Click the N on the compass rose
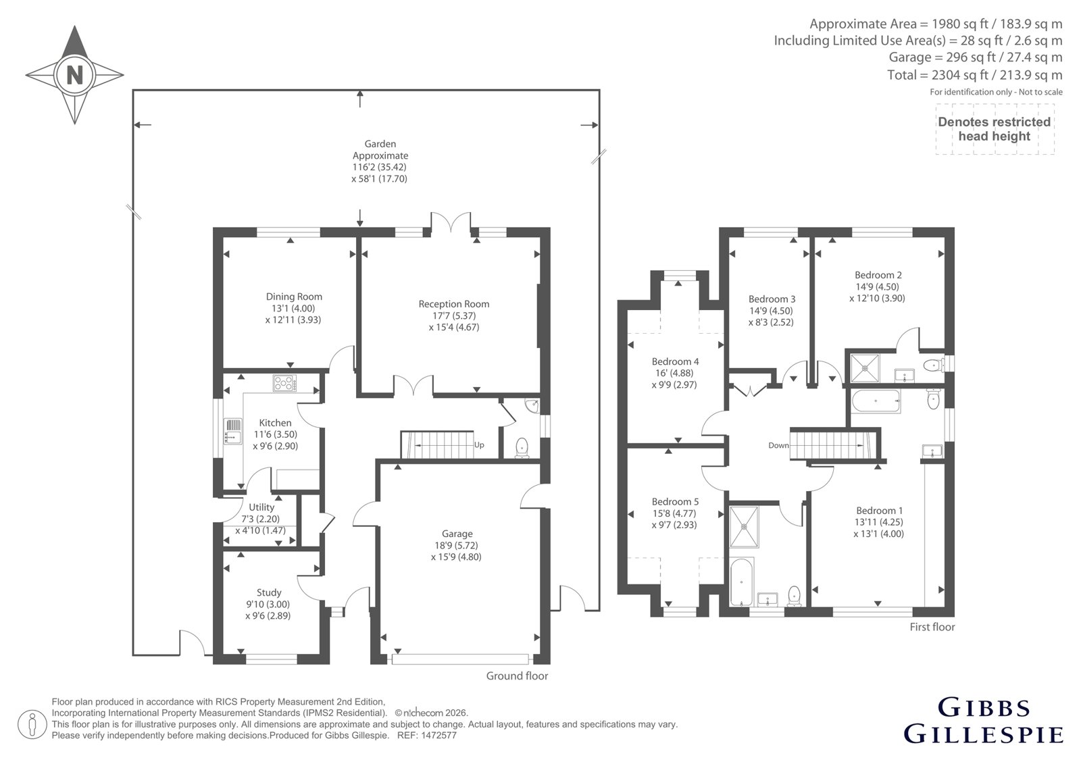(x=75, y=75)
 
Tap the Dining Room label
(x=294, y=297)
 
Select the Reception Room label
(x=453, y=304)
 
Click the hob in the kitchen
(x=284, y=383)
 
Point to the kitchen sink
(x=232, y=432)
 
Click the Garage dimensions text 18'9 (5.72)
(x=457, y=545)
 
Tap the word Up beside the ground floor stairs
(x=479, y=445)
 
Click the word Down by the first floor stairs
(x=778, y=445)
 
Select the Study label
(x=269, y=592)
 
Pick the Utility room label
(x=261, y=507)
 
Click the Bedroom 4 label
(x=675, y=361)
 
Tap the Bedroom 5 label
(x=675, y=501)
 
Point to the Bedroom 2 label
(x=878, y=275)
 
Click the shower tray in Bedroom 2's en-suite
(x=864, y=368)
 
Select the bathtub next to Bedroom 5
(x=740, y=582)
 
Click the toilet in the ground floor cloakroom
(x=521, y=447)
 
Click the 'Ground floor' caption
(x=517, y=676)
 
